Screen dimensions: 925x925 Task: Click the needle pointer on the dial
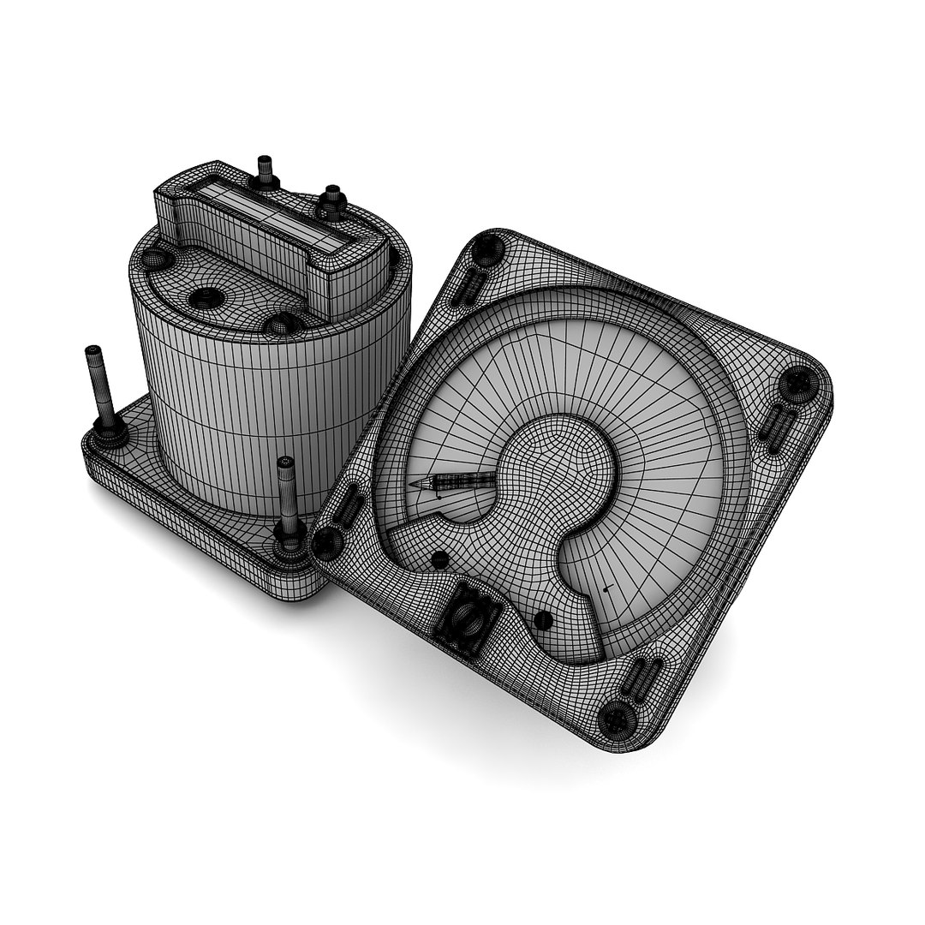pos(454,482)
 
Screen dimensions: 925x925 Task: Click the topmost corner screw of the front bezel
pos(488,248)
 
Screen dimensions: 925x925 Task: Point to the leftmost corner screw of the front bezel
pos(326,541)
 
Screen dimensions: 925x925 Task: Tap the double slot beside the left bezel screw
pos(350,505)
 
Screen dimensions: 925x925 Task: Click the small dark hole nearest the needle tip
pos(439,559)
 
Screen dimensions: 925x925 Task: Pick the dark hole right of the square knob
pos(541,618)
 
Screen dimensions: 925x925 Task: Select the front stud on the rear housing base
pos(287,505)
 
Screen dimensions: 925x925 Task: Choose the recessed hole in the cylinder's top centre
pos(206,296)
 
